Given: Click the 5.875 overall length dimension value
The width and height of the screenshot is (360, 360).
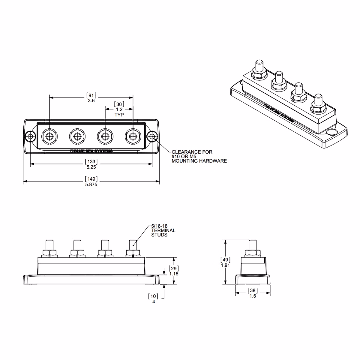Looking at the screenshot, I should point(91,184).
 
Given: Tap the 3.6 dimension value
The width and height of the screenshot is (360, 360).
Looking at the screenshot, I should point(91,101).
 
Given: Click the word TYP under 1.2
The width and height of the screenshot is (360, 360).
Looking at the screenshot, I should point(119,115).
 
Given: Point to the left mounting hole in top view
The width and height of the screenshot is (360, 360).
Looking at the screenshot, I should point(30,137).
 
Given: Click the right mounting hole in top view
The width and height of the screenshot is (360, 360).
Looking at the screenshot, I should point(152,137).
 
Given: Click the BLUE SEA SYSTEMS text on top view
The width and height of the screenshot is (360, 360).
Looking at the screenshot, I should point(91,151).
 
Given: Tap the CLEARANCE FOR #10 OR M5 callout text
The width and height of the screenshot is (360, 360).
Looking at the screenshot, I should point(199,157).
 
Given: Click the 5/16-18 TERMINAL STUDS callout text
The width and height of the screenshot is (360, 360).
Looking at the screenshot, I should point(163,231).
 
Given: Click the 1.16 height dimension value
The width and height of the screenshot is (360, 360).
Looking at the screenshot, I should point(174,274).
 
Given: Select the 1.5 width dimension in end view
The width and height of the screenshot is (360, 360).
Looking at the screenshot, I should point(253,296).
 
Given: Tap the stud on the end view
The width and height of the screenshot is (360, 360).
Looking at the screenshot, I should point(253,246).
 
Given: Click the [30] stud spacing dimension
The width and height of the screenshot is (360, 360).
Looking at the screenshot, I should point(119,104).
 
